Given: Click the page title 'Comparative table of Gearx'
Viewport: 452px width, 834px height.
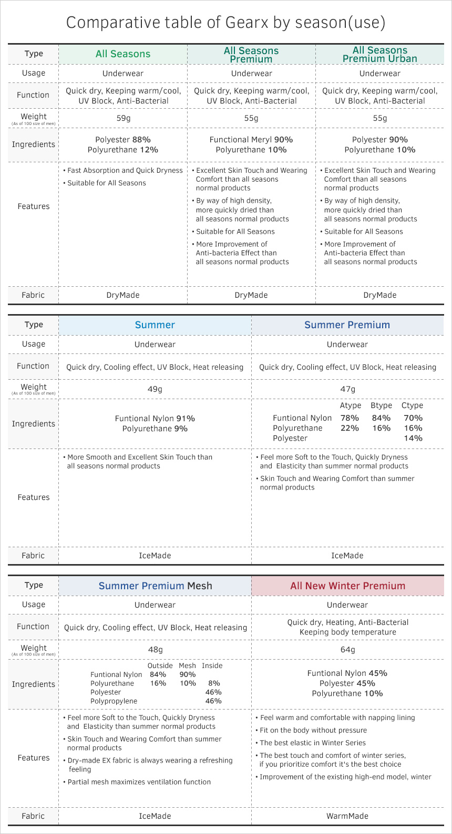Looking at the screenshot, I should [x=225, y=23].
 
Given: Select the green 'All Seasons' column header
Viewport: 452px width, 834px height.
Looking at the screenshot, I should [x=123, y=54].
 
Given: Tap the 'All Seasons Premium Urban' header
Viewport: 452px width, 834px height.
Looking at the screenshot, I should [x=379, y=55].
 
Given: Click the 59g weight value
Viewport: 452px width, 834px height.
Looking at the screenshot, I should [x=123, y=118].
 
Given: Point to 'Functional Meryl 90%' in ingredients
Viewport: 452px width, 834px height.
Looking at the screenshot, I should [x=251, y=140].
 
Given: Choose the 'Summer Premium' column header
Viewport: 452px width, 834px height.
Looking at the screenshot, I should [x=347, y=325].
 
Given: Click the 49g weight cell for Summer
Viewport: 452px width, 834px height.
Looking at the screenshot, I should [x=155, y=389].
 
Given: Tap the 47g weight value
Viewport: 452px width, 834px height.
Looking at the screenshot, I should [x=347, y=389].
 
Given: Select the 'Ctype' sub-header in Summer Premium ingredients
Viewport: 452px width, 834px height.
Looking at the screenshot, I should [x=412, y=405].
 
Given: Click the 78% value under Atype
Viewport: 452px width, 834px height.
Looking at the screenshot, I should [x=350, y=418].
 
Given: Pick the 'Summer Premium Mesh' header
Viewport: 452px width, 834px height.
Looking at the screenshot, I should [x=155, y=586].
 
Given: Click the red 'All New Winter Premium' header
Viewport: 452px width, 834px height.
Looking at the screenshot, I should [x=347, y=586].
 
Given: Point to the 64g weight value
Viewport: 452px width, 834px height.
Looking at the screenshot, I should [x=347, y=650].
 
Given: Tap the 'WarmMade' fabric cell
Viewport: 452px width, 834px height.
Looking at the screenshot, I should [x=347, y=816].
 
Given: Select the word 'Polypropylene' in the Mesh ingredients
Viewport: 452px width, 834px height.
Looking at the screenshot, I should [x=114, y=701].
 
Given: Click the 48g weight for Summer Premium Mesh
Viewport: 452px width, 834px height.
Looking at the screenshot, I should [x=155, y=650].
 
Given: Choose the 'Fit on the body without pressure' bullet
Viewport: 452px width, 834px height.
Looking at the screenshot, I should [x=313, y=731].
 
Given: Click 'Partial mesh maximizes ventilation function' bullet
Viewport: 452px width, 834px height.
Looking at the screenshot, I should [x=139, y=782].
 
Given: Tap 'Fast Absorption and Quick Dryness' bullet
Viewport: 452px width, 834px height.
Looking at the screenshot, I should [x=125, y=171].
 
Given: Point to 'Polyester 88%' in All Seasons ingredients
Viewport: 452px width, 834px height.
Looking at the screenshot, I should [x=123, y=140].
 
